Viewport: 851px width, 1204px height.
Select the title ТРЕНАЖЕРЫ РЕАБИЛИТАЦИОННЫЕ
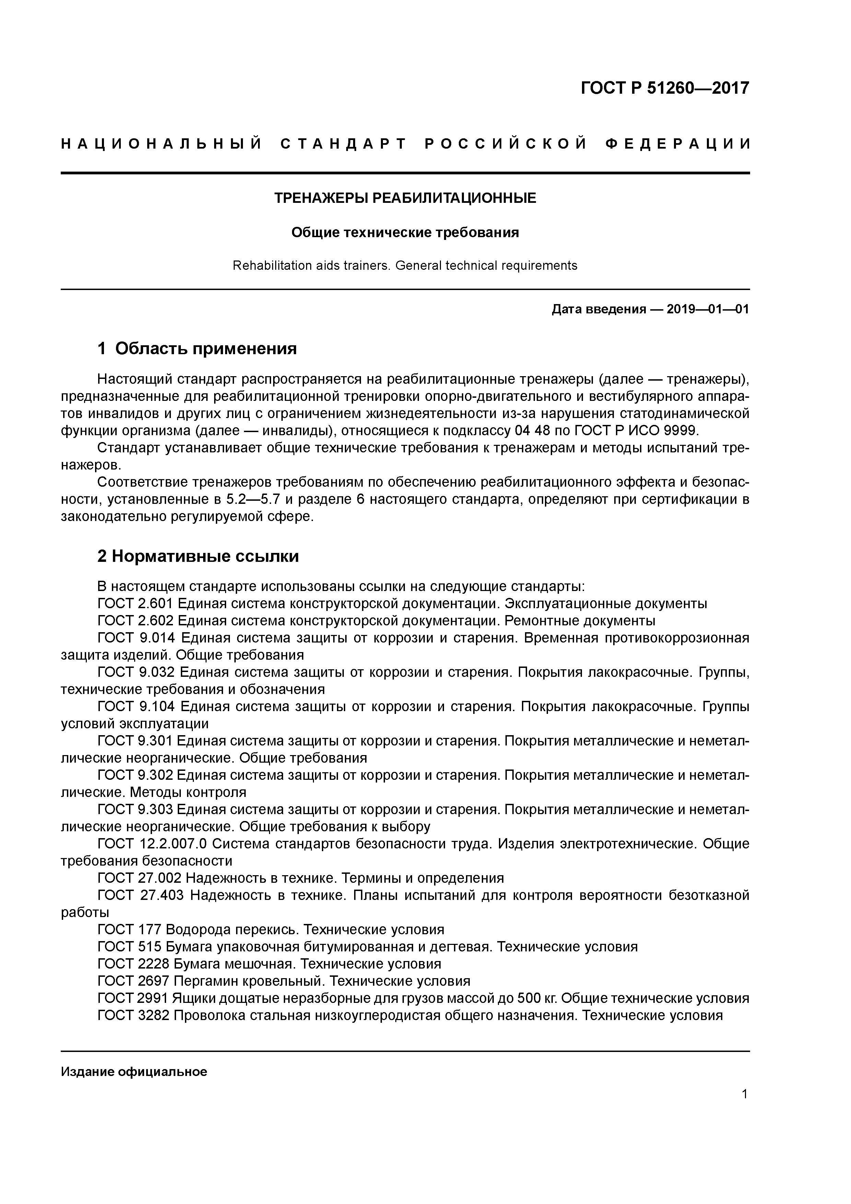(405, 198)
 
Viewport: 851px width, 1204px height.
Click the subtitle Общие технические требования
(405, 232)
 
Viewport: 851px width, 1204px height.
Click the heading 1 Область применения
(197, 348)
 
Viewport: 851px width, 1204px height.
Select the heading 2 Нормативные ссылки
(198, 556)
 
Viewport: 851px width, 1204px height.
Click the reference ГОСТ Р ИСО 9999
(637, 431)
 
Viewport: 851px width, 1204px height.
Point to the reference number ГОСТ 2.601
(135, 604)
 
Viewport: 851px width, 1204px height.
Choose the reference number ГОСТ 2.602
(135, 621)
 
